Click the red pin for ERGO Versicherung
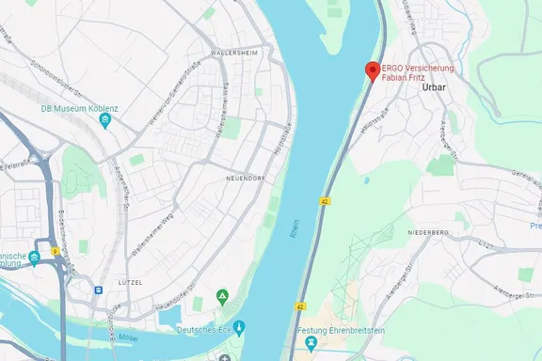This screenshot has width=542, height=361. tap(372, 71)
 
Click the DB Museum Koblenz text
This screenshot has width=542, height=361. tap(79, 109)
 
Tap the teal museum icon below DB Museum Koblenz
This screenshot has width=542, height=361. tap(106, 122)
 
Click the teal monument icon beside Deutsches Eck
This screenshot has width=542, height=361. tap(239, 328)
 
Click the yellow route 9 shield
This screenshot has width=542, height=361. tap(56, 251)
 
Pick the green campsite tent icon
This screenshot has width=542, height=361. tap(222, 297)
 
